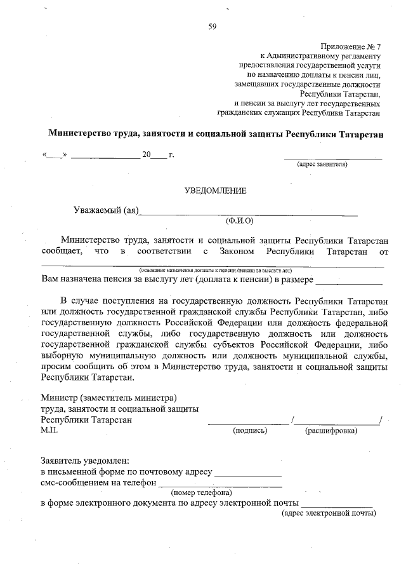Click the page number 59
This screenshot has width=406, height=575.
[x=213, y=26]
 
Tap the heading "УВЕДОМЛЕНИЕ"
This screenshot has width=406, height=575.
[x=215, y=191]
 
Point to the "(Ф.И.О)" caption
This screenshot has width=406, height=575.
[x=239, y=221]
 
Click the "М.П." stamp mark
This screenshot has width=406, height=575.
[x=49, y=430]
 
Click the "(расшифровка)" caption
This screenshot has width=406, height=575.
[x=331, y=430]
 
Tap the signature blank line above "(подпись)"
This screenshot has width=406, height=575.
[x=248, y=423]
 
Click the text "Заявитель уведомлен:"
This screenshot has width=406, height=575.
[x=85, y=460]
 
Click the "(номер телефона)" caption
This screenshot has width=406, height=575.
[x=201, y=492]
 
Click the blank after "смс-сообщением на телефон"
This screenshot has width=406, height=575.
[x=219, y=485]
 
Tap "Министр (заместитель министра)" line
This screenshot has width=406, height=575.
[x=108, y=398]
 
